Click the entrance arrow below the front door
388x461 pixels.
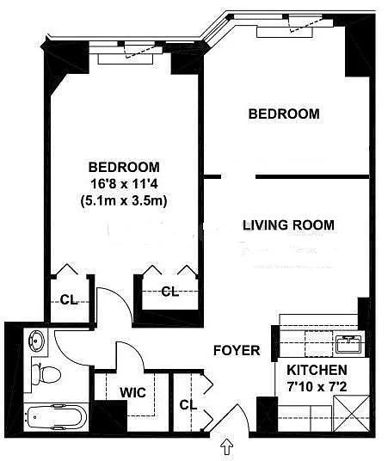(x=227, y=447)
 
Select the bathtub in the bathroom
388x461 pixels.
(x=56, y=417)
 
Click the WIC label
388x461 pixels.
(x=132, y=392)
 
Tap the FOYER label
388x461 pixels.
(x=237, y=350)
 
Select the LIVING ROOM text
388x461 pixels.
(x=288, y=225)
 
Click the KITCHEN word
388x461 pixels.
(x=317, y=370)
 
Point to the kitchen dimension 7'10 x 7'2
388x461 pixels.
(x=317, y=387)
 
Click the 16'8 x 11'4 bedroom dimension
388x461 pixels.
(x=124, y=184)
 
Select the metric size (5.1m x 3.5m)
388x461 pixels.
(x=124, y=201)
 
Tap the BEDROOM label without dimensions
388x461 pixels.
(x=284, y=114)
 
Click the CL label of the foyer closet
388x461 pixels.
(x=188, y=405)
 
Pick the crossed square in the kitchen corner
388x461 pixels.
(x=351, y=414)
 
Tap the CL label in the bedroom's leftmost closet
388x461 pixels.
(x=69, y=300)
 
